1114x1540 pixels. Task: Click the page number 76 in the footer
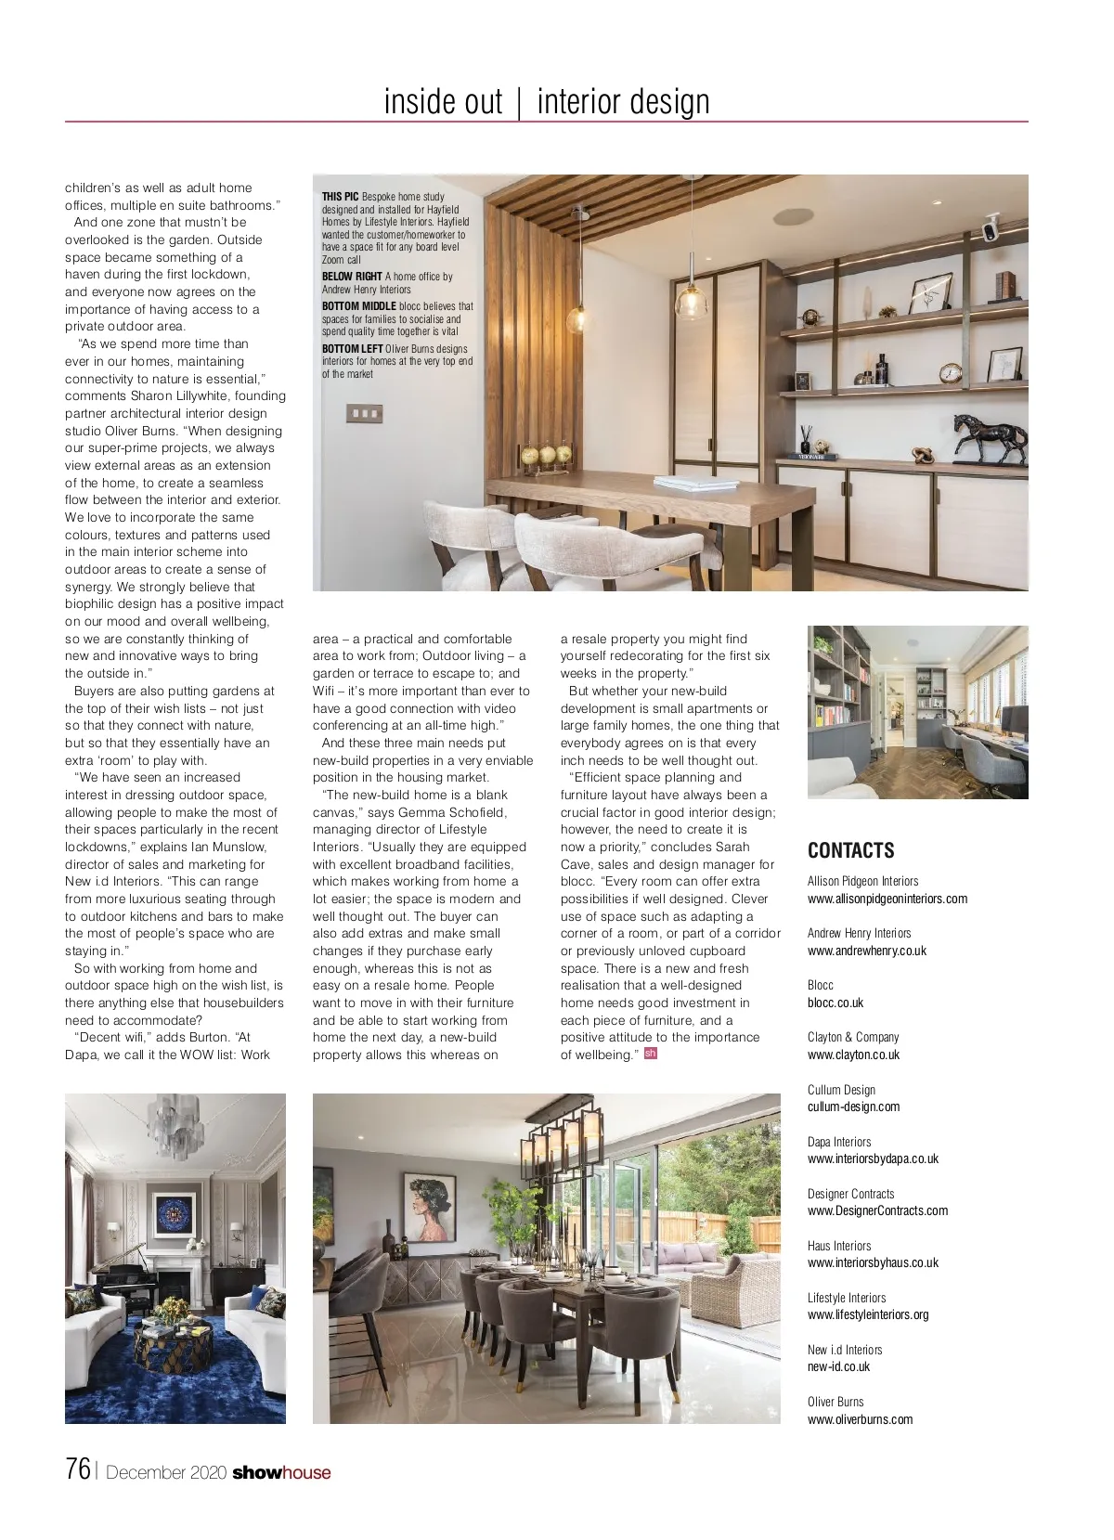(78, 1469)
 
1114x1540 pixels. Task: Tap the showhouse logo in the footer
(281, 1472)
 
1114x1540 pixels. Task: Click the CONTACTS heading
(850, 850)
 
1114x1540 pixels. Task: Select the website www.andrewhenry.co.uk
(866, 951)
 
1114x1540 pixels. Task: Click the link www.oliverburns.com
(860, 1419)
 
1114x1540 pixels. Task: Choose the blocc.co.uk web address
(835, 1003)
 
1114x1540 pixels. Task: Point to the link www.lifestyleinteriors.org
(867, 1314)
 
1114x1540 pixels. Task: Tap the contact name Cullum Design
(841, 1090)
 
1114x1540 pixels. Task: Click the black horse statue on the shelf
(991, 438)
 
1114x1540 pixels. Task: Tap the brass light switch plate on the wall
(362, 413)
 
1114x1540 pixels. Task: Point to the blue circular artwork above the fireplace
(175, 1213)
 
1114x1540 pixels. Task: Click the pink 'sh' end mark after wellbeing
(650, 1054)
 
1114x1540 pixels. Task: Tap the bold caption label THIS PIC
(340, 197)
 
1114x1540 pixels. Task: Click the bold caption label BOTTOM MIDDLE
(358, 305)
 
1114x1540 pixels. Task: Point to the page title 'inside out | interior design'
(546, 101)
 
